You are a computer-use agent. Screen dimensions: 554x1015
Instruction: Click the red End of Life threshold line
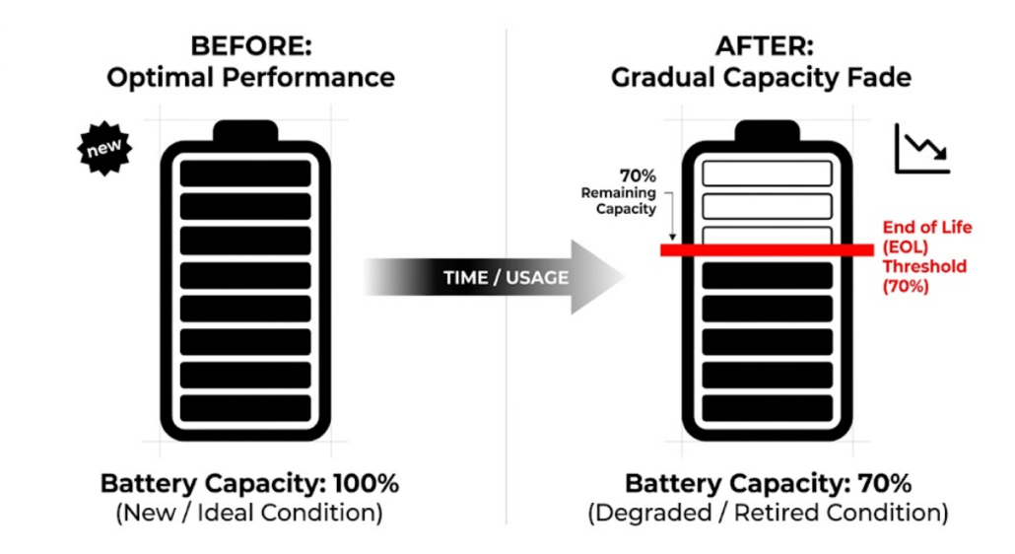click(x=766, y=251)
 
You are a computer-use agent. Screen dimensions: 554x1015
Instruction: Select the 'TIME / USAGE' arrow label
click(x=506, y=277)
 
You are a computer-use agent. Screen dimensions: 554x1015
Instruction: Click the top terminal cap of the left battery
click(x=245, y=131)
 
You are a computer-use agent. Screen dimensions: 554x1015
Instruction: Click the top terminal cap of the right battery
click(x=767, y=131)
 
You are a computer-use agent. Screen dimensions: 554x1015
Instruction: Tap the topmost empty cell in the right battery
click(x=767, y=173)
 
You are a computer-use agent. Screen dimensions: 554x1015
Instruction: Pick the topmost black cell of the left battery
click(x=245, y=173)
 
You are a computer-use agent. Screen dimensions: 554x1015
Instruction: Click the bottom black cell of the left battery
click(x=245, y=407)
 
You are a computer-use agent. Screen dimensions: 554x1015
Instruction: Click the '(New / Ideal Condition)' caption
click(x=250, y=514)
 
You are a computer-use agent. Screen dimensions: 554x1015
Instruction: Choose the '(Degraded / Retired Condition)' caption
click(x=767, y=514)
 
